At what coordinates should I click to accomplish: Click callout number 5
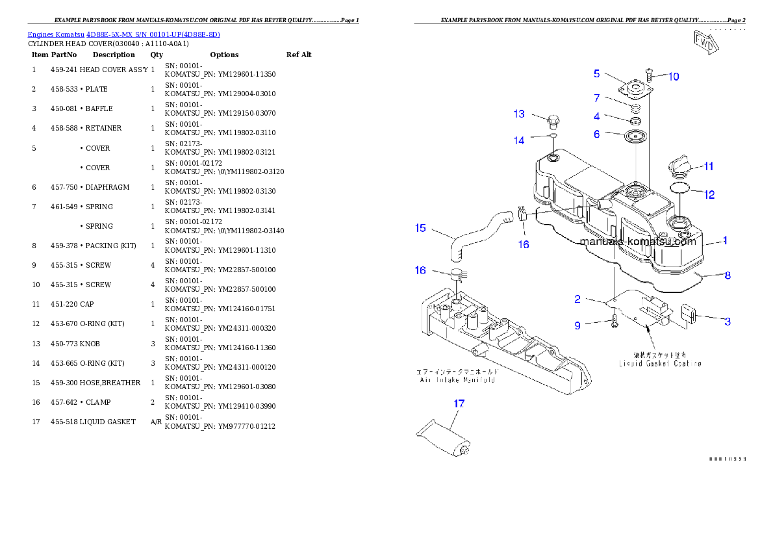[596, 73]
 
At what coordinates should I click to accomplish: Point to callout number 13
[519, 114]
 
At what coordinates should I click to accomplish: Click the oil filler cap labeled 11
[678, 166]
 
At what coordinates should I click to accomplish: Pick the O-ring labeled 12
[679, 188]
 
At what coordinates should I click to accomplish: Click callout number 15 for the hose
[420, 227]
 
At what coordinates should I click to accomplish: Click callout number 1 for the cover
[725, 240]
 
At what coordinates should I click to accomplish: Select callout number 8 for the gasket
[728, 275]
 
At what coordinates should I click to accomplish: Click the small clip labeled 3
[689, 316]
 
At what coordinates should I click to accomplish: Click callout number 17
[459, 403]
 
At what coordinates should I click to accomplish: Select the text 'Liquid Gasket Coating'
[659, 364]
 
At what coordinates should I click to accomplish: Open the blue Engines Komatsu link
[123, 34]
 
